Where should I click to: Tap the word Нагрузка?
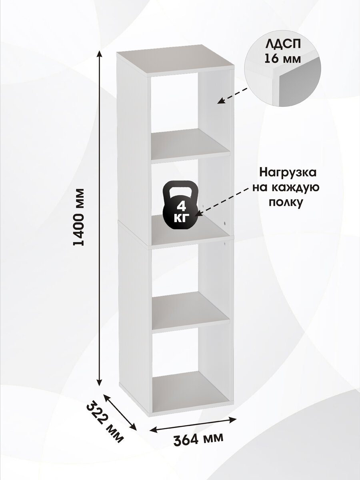pos(288,173)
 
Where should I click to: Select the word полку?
pos(284,202)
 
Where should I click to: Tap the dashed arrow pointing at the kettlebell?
pos(224,204)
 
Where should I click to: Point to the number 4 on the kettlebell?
pos(180,207)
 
